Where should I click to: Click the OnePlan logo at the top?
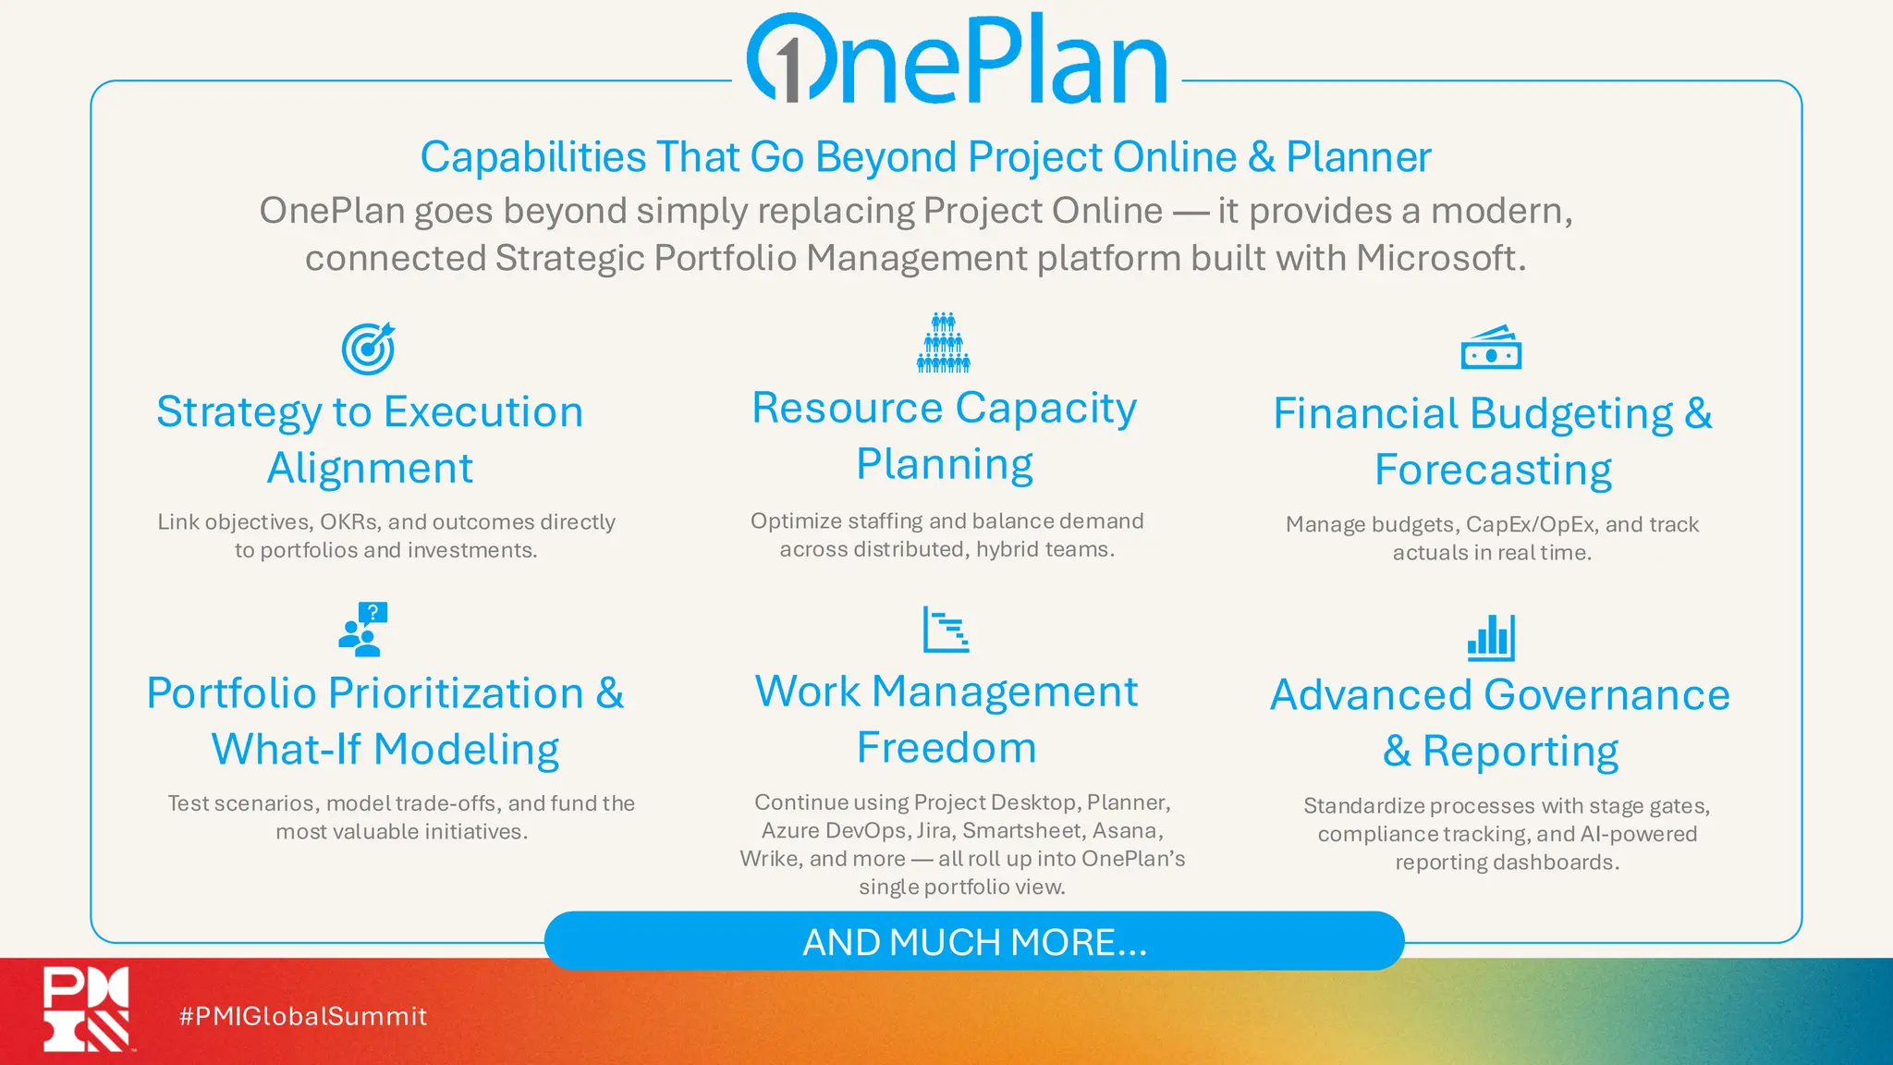click(957, 59)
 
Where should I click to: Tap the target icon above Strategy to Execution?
click(368, 349)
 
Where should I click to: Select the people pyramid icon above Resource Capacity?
click(943, 342)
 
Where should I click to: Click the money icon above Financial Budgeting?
click(1491, 348)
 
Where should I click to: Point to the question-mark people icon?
click(363, 629)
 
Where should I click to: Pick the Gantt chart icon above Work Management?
click(946, 630)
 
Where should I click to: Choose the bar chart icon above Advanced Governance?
click(1491, 638)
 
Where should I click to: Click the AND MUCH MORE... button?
click(974, 941)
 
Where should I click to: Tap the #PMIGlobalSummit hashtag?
click(303, 1016)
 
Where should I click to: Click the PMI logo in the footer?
click(86, 1009)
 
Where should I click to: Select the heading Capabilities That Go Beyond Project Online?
click(925, 156)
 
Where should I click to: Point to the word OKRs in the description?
click(348, 522)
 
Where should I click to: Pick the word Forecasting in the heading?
click(1493, 471)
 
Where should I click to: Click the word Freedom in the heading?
click(946, 748)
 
